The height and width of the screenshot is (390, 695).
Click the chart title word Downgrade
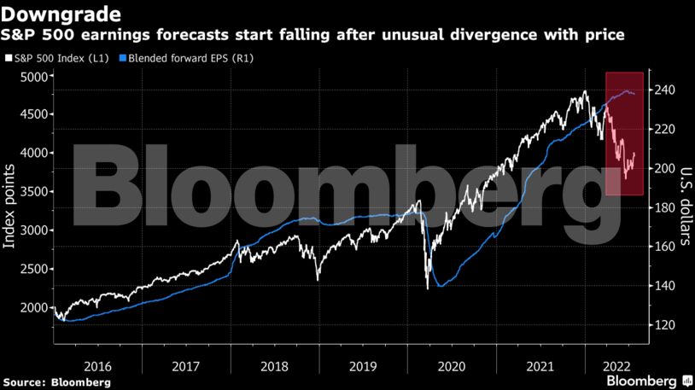click(61, 15)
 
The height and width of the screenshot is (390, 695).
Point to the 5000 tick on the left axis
click(34, 77)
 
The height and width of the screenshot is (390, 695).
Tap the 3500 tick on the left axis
click(34, 192)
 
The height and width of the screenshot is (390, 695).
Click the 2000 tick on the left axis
click(34, 307)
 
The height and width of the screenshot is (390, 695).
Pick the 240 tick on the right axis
click(667, 90)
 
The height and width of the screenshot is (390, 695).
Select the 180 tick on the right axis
click(667, 207)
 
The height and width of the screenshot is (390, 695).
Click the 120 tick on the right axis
click(667, 325)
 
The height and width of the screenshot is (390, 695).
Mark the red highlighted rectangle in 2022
click(625, 134)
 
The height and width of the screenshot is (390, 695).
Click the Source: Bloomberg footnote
click(56, 381)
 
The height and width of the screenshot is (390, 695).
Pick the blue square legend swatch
click(122, 58)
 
